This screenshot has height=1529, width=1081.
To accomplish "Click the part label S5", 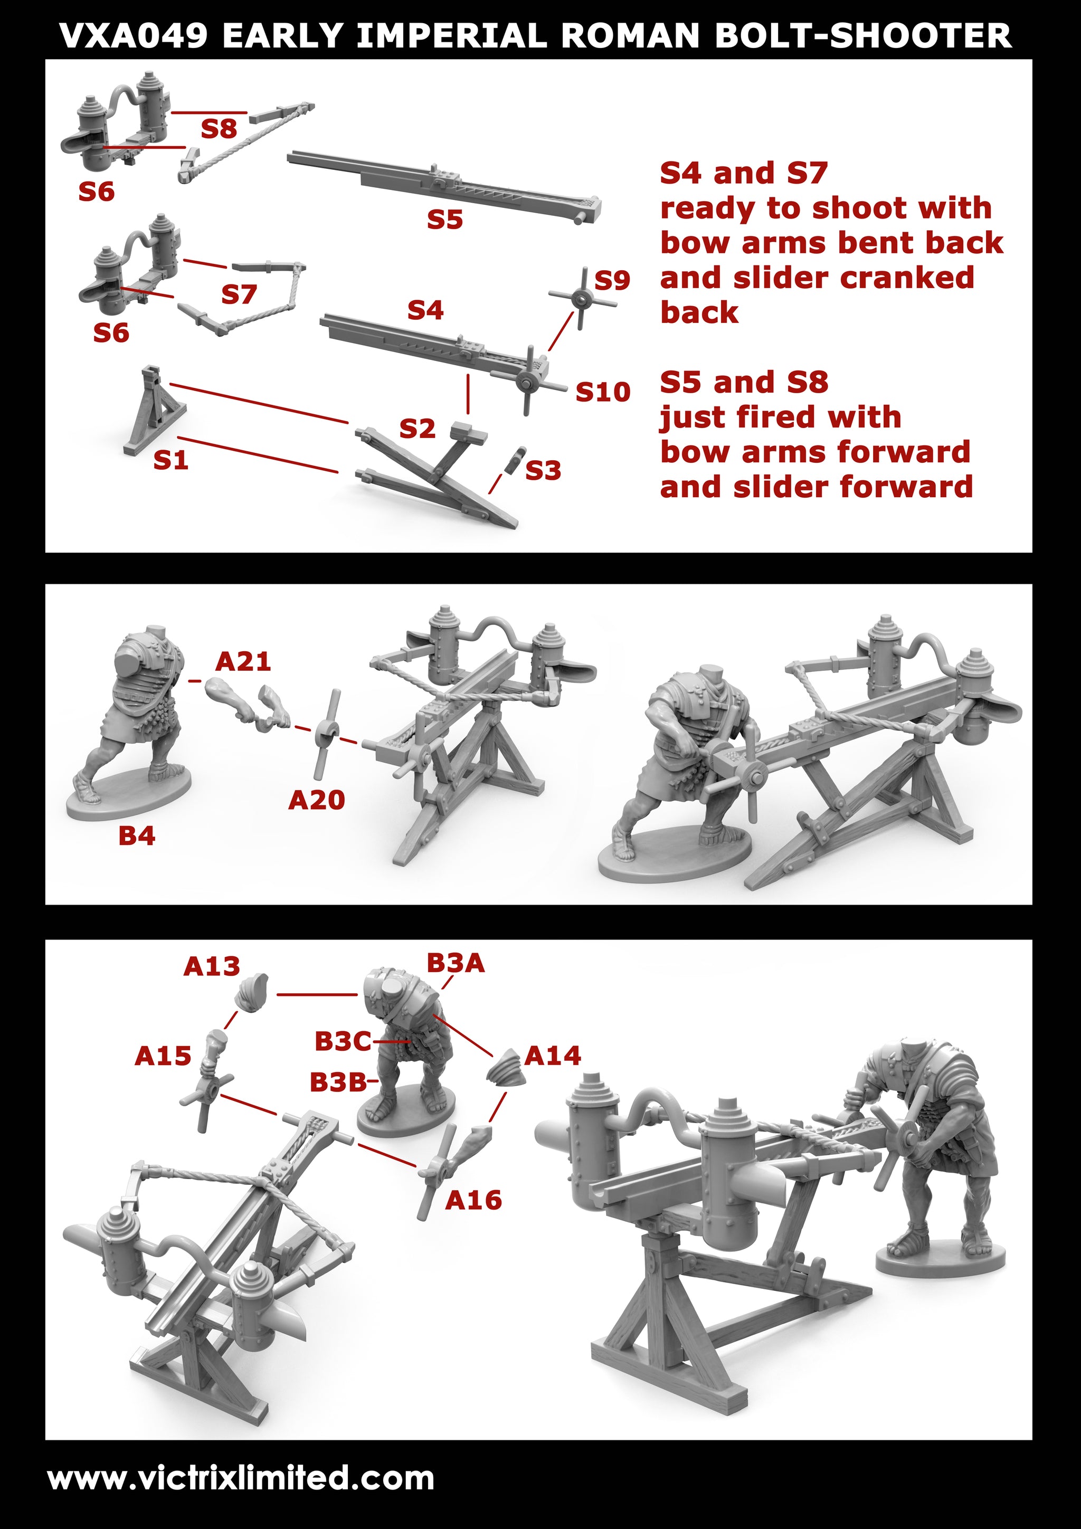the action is (445, 220).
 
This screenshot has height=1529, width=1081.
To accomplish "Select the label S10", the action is (603, 392).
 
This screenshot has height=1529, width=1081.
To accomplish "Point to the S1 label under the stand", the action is (171, 460).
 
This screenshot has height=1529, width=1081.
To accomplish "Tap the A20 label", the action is (316, 800).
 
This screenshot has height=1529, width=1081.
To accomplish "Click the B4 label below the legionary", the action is (137, 836).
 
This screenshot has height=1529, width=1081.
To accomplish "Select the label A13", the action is (212, 966).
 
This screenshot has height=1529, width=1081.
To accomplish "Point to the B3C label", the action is (343, 1041).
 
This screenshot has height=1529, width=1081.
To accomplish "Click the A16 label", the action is (473, 1201).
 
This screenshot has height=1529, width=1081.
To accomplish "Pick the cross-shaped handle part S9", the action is (582, 299).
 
